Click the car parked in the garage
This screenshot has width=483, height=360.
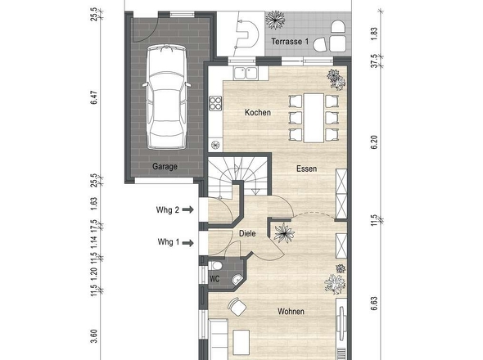166,97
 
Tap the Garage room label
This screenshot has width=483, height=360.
165,167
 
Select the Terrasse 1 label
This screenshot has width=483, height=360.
290,42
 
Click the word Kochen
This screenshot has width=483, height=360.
258,112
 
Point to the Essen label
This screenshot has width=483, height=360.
306,169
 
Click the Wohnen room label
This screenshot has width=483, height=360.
291,312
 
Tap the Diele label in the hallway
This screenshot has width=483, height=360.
247,233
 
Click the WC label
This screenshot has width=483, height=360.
214,279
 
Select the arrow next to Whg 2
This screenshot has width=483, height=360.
188,209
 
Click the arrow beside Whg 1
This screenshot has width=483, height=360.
188,243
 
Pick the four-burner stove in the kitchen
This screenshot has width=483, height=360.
215,103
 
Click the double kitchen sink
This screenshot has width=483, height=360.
246,74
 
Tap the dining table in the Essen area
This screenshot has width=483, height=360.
314,119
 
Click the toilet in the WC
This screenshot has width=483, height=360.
215,265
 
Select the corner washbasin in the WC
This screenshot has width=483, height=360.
237,279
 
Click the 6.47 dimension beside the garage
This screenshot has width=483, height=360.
94,97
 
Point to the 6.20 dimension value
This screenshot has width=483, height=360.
374,142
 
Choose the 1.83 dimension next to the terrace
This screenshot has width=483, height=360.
374,34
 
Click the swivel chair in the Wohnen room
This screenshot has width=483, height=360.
237,307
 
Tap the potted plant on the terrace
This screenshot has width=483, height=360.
275,20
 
